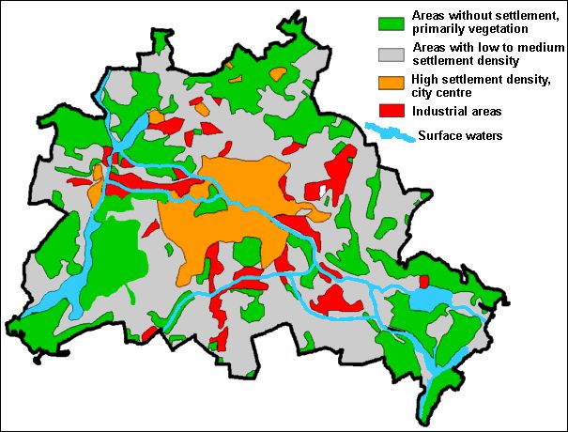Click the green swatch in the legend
[390, 22]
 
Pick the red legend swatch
[390, 110]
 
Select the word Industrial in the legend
[436, 111]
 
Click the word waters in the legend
[484, 136]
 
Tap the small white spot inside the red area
[323, 193]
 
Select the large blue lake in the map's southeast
[429, 299]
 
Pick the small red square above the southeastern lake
[423, 281]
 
